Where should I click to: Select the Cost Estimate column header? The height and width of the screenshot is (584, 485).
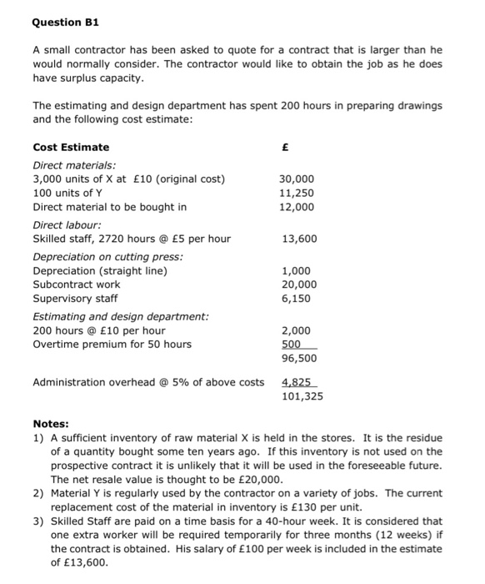pos(71,147)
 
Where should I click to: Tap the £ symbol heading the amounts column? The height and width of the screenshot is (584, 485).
pos(286,147)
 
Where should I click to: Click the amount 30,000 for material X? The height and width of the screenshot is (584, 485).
pos(297,179)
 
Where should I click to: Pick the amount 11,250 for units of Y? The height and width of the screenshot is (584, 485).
pos(297,193)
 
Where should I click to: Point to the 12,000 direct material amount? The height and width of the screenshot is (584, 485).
pos(297,207)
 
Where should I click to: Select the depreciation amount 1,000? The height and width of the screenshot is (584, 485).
pos(297,271)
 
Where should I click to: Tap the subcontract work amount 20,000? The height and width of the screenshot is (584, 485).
pos(298,284)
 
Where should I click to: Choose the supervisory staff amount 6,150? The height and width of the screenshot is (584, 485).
pos(297,298)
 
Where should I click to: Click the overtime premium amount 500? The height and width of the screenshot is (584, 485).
pos(293,344)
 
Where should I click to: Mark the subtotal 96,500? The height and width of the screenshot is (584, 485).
pos(299,359)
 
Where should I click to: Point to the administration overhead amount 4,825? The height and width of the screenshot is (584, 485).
pos(297,382)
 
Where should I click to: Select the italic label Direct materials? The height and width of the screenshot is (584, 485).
pos(74,166)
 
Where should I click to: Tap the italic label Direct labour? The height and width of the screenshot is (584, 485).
pos(67,225)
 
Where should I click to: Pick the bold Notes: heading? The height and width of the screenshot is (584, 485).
pos(51,424)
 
